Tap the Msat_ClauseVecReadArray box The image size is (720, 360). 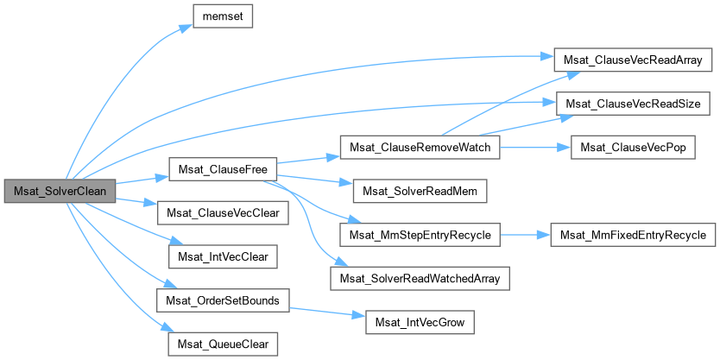click(633, 60)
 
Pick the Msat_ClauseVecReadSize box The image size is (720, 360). click(633, 104)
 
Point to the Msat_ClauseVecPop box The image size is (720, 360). click(634, 148)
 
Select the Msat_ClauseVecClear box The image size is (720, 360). click(223, 212)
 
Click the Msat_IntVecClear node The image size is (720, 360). click(223, 256)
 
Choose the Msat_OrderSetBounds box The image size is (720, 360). click(223, 300)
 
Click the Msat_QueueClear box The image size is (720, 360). click(223, 344)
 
